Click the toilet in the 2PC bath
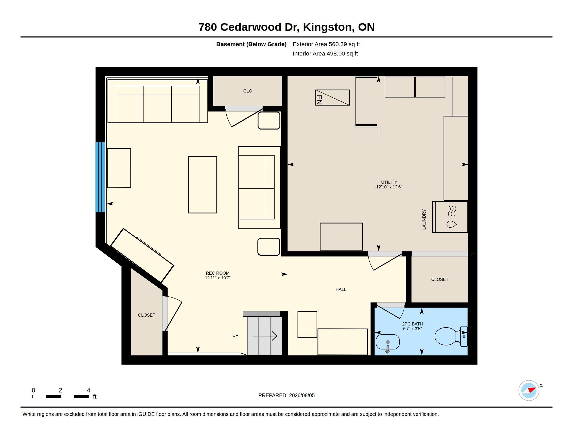[451, 336]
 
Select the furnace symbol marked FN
[332, 98]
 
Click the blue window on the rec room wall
[100, 177]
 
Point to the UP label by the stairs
[235, 335]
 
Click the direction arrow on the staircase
[265, 336]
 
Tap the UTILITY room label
[389, 182]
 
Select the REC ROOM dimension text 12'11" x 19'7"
[217, 278]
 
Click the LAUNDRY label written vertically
[424, 219]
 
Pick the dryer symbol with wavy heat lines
[450, 217]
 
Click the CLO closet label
[248, 91]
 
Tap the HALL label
[341, 289]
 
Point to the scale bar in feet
[60, 396]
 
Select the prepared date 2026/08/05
[302, 395]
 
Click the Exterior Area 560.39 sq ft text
[326, 44]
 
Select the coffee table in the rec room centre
[203, 185]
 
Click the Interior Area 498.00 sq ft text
[325, 53]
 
